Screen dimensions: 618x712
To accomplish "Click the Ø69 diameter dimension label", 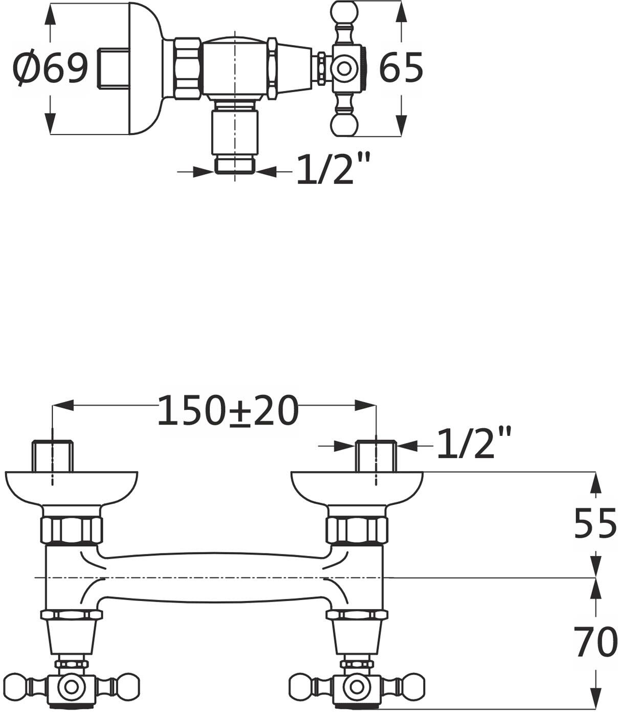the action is [x=50, y=69].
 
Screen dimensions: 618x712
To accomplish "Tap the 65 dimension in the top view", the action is [x=401, y=68].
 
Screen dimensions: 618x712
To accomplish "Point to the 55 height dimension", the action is [x=595, y=523].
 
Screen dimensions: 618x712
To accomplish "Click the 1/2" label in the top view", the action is [x=334, y=169].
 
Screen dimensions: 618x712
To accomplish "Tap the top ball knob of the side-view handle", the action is [x=344, y=12].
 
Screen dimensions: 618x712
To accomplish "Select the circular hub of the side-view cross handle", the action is [x=344, y=68].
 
